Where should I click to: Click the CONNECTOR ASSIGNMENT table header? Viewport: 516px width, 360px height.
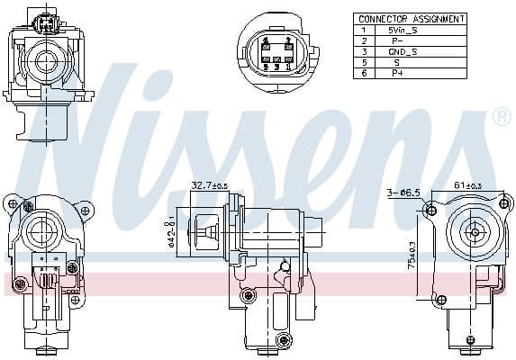(x=411, y=18)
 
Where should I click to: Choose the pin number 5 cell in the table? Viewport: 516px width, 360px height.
(x=364, y=63)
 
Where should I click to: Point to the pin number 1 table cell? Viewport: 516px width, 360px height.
(x=364, y=30)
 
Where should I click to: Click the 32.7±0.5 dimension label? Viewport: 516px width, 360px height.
(x=209, y=186)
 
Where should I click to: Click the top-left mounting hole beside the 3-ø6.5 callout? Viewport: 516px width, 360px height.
(x=431, y=211)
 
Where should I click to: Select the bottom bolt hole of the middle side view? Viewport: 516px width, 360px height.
(x=285, y=339)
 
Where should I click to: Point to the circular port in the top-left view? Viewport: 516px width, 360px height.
(x=42, y=61)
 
